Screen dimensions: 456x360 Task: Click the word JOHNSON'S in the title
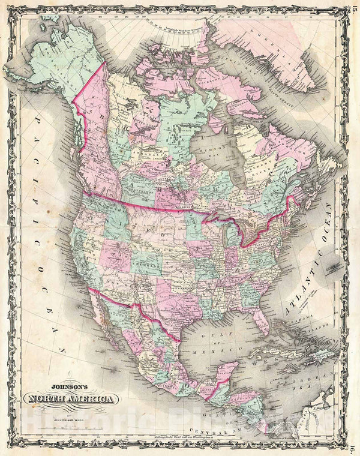tap(70, 388)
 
